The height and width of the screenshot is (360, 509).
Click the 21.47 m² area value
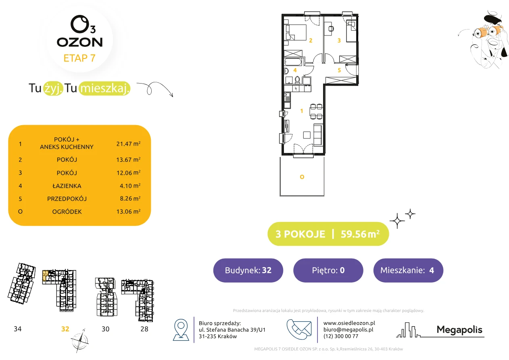point(128,144)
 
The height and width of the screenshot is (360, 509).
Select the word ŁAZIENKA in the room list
point(67,186)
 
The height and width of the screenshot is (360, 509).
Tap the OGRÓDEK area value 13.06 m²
point(128,211)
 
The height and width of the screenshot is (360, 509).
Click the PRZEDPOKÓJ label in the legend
point(67,199)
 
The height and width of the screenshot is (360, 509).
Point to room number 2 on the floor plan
point(311,40)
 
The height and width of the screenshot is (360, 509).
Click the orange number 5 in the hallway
point(339,70)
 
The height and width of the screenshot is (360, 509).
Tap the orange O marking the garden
point(302,177)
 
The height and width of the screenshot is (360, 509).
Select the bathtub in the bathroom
point(293,62)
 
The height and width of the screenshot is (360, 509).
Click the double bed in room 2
point(296,33)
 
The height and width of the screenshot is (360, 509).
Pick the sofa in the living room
point(318,134)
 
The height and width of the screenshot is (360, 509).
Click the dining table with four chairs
point(316,111)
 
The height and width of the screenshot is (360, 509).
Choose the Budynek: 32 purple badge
point(248,270)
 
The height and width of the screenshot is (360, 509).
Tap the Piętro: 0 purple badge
point(328,270)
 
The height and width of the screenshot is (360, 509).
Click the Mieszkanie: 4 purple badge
point(408,270)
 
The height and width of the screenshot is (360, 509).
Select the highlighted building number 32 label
point(65,329)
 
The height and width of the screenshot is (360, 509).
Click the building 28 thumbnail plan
point(138,300)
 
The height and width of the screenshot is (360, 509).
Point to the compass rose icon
point(80,341)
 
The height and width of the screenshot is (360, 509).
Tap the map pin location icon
point(181,329)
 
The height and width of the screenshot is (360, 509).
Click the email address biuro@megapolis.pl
point(348,329)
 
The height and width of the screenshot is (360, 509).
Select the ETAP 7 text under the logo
point(79,58)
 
